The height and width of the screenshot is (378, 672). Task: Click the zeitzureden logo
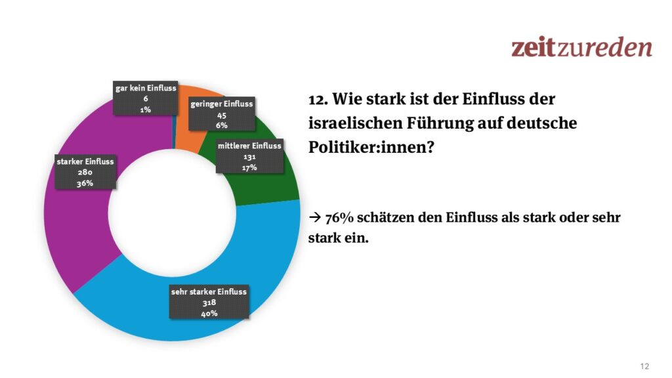581,47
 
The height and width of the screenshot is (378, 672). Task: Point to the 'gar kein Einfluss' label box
146,99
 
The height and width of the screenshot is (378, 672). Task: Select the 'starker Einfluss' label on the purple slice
85,173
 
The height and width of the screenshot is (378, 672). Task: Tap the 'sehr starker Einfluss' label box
209,303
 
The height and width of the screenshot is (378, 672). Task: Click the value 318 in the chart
209,303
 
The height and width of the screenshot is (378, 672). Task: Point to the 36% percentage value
85,184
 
